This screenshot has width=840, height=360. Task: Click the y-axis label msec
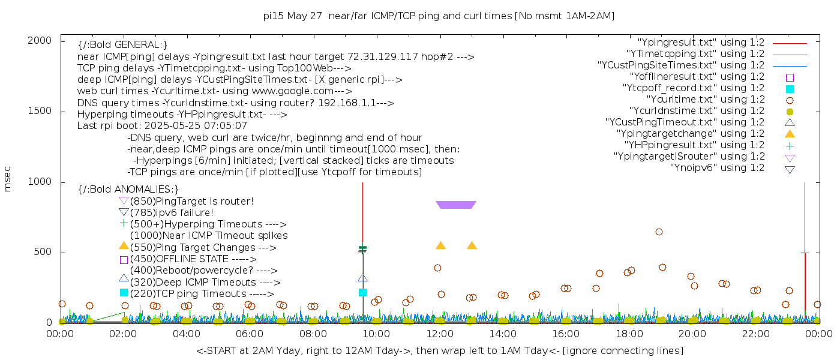coord(8,180)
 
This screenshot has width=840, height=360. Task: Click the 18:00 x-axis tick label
coord(628,334)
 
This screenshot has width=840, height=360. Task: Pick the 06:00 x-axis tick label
coord(250,334)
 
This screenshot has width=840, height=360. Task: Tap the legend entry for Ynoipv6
coord(717,168)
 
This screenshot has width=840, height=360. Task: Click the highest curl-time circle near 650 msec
coord(659,232)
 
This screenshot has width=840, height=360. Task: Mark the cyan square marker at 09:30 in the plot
coord(362,292)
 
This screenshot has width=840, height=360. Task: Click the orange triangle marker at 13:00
coord(472,245)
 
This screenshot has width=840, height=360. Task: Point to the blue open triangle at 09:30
coord(362,278)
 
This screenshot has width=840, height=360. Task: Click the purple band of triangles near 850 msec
coord(456,205)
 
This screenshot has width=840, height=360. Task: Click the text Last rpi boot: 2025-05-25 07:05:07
coord(162,126)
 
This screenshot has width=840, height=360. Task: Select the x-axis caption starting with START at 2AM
coord(439,350)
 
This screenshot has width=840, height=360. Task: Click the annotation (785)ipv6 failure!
coord(172,212)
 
